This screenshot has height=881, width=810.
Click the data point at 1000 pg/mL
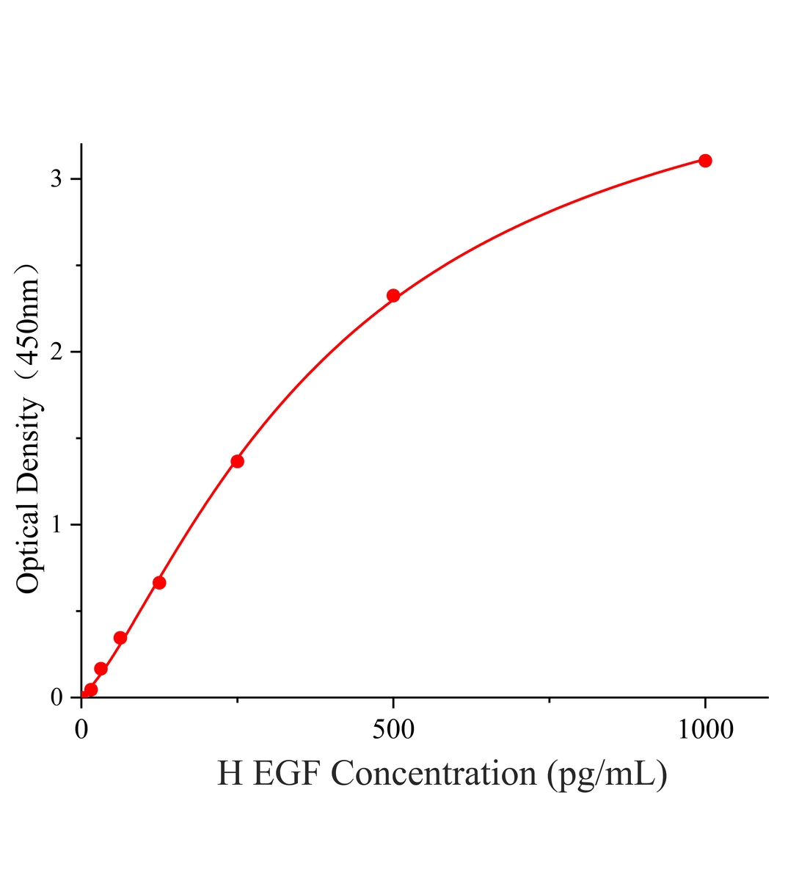click(705, 161)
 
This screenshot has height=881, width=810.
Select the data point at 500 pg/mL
click(393, 296)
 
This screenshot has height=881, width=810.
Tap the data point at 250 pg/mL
click(238, 462)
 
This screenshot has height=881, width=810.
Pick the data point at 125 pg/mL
click(159, 583)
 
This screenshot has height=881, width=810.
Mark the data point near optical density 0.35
click(120, 638)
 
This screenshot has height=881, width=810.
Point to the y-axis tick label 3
click(56, 179)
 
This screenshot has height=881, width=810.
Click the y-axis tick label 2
click(56, 352)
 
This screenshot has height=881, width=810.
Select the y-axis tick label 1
click(56, 525)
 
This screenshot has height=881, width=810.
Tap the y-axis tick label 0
click(56, 697)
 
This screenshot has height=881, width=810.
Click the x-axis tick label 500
click(393, 730)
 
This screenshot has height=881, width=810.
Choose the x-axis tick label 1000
click(706, 730)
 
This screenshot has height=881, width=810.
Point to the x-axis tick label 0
click(81, 730)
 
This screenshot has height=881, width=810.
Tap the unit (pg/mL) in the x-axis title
click(607, 775)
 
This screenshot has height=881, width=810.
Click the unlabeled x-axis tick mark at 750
click(550, 700)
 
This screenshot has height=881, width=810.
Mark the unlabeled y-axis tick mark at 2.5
click(79, 266)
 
